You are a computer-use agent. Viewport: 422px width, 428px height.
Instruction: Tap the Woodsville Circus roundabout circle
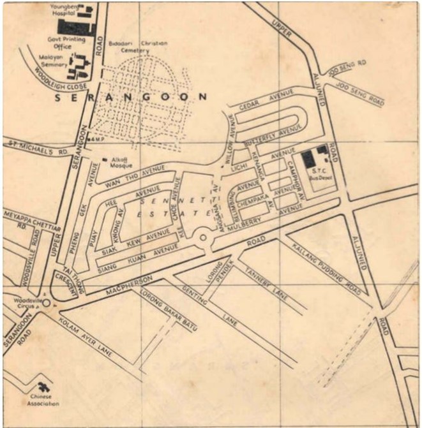click(x=46, y=303)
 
